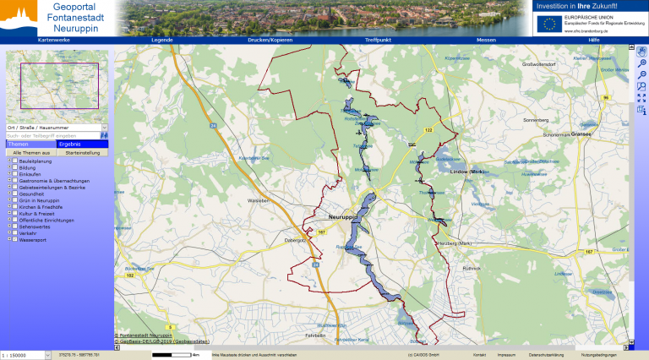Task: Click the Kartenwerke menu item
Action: point(55,40)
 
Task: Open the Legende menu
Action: point(161,40)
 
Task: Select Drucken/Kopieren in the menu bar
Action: point(270,40)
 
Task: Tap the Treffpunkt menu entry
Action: point(378,40)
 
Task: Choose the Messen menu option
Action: point(486,40)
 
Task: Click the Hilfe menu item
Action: point(594,40)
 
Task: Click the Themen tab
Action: point(19,144)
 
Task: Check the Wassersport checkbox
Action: point(14,239)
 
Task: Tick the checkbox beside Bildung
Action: point(14,167)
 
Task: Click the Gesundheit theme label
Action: point(33,194)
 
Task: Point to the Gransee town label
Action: point(582,134)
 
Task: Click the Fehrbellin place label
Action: point(315,335)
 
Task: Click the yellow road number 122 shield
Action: point(428,130)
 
